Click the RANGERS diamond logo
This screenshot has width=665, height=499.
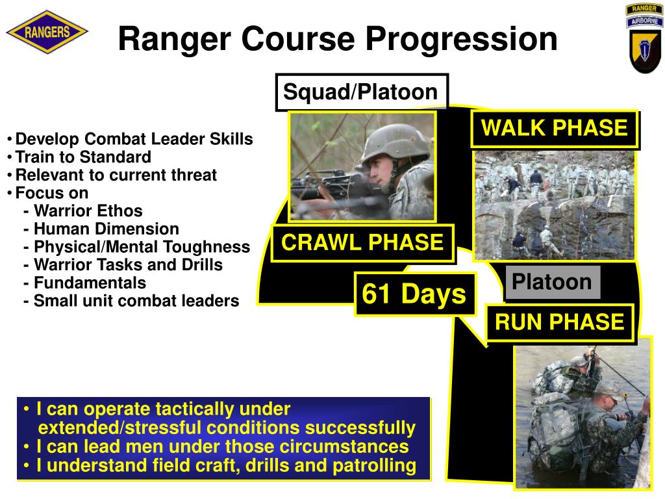(47, 32)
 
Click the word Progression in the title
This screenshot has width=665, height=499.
(460, 39)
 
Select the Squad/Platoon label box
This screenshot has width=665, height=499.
(361, 92)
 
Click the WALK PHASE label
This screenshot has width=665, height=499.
(555, 128)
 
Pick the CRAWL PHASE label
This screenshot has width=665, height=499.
(362, 243)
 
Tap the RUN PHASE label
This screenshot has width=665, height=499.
(559, 322)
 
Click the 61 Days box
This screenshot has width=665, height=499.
(414, 294)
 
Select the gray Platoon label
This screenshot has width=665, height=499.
(552, 283)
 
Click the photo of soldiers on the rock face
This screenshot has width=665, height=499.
(554, 205)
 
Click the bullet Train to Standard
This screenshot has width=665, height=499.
(83, 157)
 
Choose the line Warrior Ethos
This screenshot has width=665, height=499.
(88, 211)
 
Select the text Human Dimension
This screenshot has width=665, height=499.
(106, 229)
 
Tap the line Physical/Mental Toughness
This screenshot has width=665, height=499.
(142, 247)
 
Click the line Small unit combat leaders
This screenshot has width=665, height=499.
(136, 301)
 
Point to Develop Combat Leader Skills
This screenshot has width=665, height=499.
(134, 140)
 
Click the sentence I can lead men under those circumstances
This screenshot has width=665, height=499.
(222, 447)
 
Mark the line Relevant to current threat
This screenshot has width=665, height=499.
(116, 175)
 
